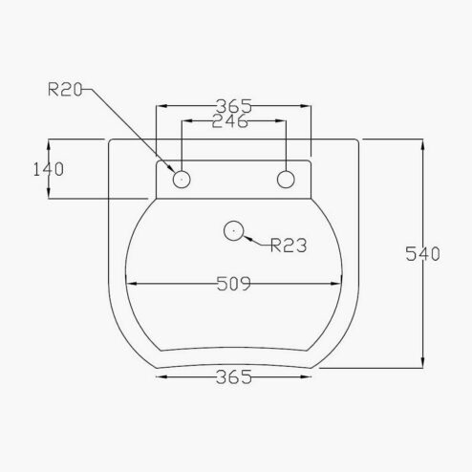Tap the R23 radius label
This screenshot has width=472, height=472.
(x=288, y=246)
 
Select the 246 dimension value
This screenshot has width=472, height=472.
(x=232, y=121)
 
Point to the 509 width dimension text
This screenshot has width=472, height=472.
(x=234, y=284)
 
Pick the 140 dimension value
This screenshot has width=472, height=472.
(x=47, y=169)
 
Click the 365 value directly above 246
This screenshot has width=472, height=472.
(x=234, y=105)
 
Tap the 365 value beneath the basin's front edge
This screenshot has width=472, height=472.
(x=234, y=377)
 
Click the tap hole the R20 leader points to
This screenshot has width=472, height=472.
(x=181, y=179)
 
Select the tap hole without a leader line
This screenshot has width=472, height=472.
(x=286, y=179)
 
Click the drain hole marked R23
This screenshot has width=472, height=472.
(x=233, y=230)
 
